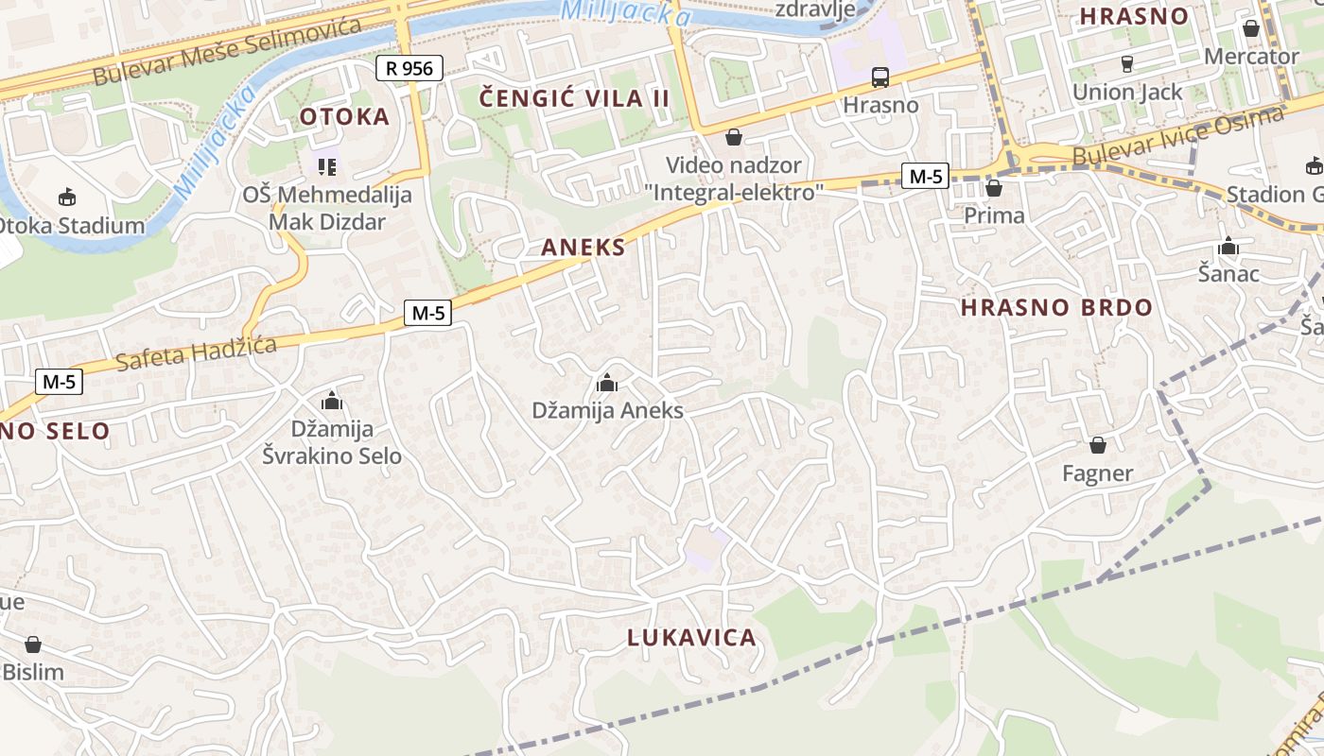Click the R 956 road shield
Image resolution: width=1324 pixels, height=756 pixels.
pos(409,68)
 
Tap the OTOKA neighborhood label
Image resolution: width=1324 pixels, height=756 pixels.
pos(344,116)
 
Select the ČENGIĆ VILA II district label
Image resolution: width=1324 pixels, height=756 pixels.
pos(574,98)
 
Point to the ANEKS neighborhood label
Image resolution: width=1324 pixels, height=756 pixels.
pos(584,248)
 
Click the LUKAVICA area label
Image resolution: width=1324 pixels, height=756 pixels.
pos(691,638)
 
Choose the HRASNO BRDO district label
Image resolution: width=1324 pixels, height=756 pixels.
pos(1056,307)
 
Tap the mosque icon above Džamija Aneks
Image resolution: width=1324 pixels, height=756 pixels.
pos(607,383)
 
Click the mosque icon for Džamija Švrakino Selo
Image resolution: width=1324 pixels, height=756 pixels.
pos(332,401)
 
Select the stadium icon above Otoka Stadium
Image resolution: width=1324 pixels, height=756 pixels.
pos(67,197)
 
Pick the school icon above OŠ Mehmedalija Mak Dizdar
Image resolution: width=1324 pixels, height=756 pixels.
pos(327,167)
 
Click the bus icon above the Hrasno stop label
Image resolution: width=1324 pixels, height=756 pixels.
pos(880,77)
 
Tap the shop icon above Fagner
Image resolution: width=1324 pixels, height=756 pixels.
pos(1097,444)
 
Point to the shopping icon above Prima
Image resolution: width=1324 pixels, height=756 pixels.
pos(993,188)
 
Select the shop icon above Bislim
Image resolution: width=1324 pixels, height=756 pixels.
pos(33,644)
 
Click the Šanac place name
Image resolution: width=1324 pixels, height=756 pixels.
pos(1228,274)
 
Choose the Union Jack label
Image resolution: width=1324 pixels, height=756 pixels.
pos(1126,93)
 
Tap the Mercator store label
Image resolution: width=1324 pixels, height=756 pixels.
pos(1251,57)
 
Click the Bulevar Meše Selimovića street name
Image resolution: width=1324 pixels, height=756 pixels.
pos(227,52)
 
